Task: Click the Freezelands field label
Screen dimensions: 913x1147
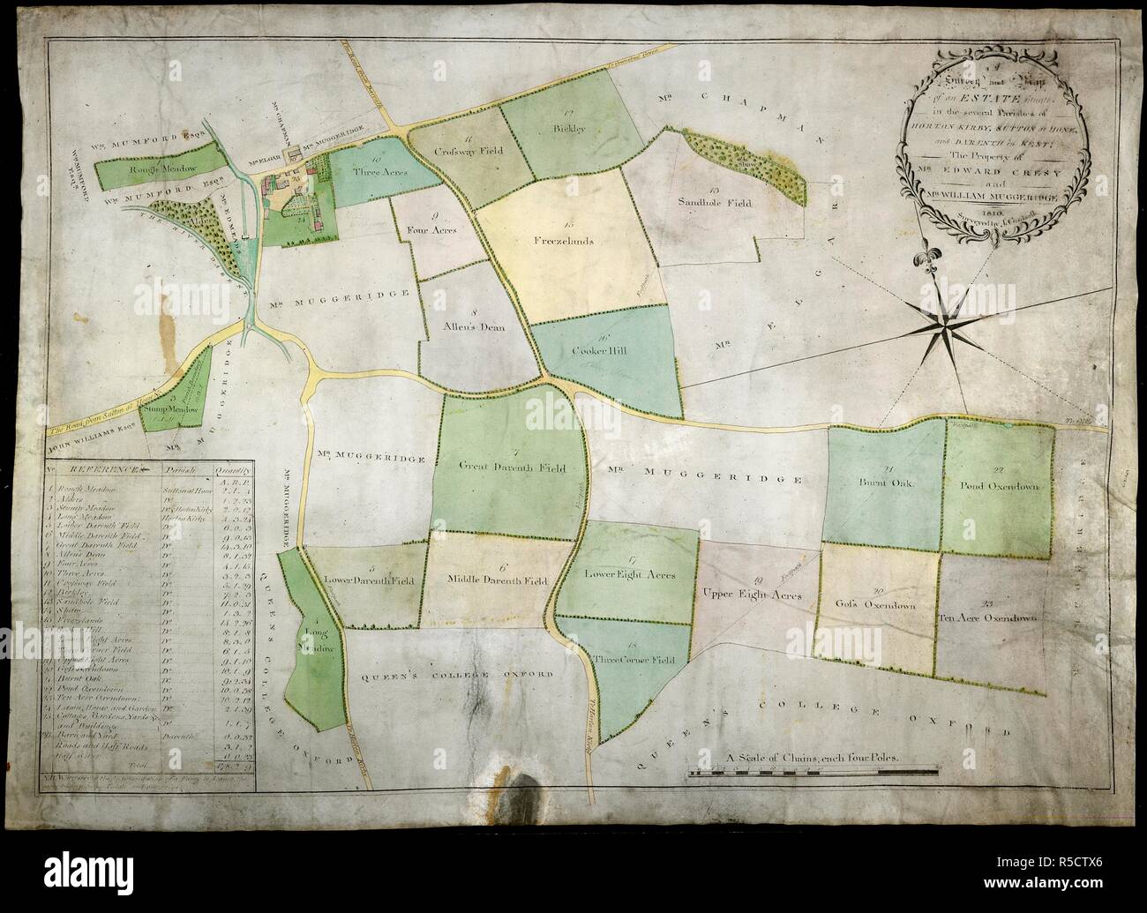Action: tap(559, 240)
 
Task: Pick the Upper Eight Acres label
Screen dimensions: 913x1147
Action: tap(752, 596)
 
